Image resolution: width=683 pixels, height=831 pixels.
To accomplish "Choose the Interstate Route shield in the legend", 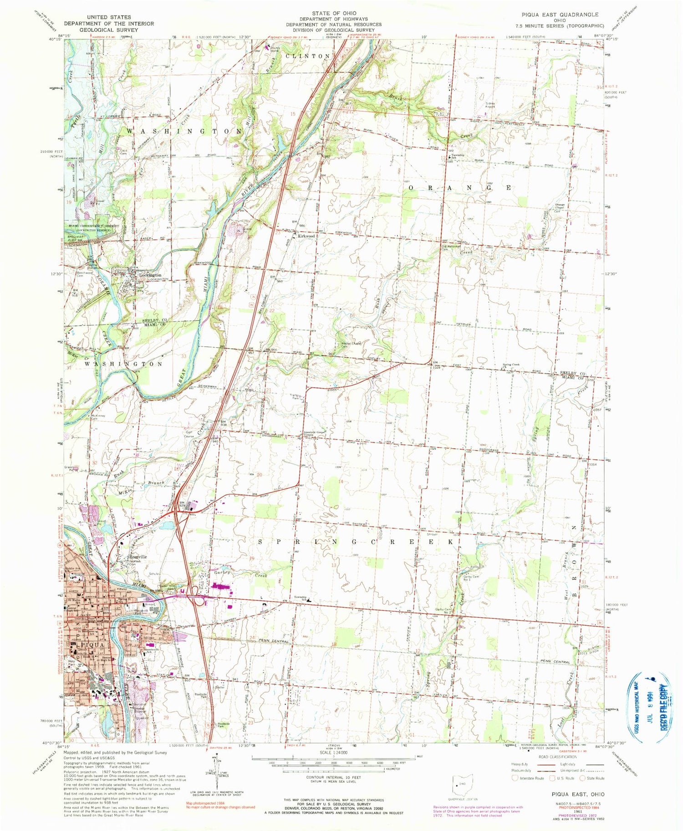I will click(x=515, y=778).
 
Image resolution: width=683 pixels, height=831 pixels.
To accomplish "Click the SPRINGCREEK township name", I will click(x=356, y=542).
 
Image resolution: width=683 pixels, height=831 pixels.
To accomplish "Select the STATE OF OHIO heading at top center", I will click(x=334, y=13).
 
